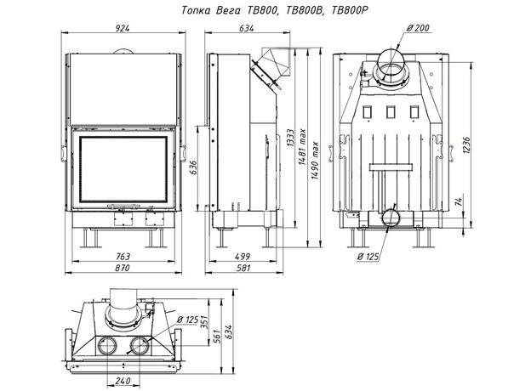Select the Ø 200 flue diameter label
(417, 28)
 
